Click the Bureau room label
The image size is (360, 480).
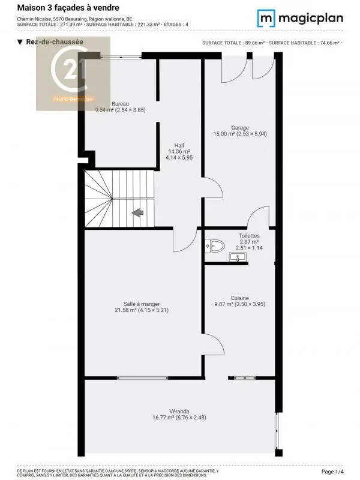[x=120, y=104]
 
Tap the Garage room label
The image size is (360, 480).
[x=240, y=127]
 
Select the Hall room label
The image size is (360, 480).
[x=179, y=145]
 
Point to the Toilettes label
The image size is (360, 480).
[x=249, y=236]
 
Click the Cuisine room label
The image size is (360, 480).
[x=240, y=298]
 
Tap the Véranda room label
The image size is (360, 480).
[x=179, y=411]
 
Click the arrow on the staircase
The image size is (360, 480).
[x=137, y=212]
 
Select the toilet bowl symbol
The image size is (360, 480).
[x=214, y=245]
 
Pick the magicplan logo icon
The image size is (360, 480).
[x=266, y=18]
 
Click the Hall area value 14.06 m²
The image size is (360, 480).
[x=179, y=152]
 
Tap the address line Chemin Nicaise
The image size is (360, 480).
[x=74, y=19]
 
